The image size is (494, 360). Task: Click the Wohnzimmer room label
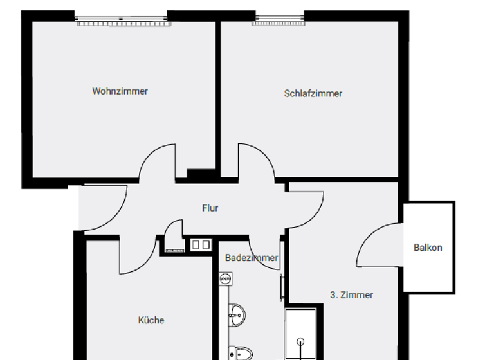click(120, 91)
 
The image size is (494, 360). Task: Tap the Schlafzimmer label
click(313, 93)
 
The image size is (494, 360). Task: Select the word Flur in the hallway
click(210, 208)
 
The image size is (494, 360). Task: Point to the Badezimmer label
click(252, 258)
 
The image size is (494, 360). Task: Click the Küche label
click(151, 319)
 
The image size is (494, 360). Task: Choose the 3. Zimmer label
click(351, 295)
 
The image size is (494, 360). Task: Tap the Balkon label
click(428, 247)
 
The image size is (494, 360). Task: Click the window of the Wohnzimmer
click(123, 22)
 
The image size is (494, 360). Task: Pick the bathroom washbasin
click(237, 314)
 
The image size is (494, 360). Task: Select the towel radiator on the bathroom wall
click(282, 287)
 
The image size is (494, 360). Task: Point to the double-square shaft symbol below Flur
click(201, 244)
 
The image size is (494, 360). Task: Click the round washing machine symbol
click(225, 279)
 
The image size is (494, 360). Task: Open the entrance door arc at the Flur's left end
click(100, 209)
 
